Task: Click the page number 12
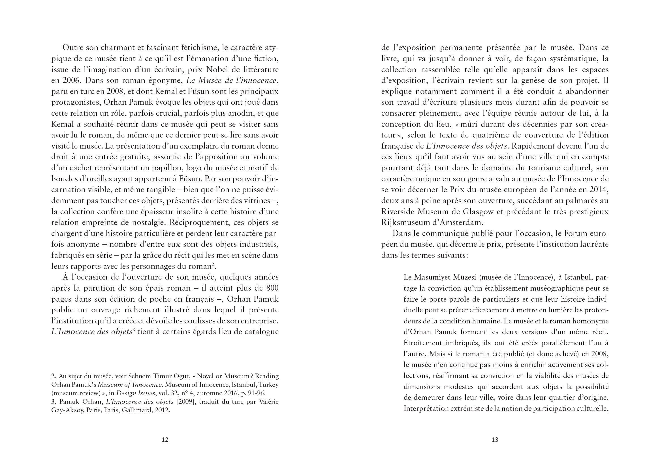pyautogui.click(x=165, y=439)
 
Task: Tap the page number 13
pyautogui.click(x=495, y=439)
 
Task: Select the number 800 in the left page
pyautogui.click(x=272, y=288)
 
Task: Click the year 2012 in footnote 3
pyautogui.click(x=162, y=409)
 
